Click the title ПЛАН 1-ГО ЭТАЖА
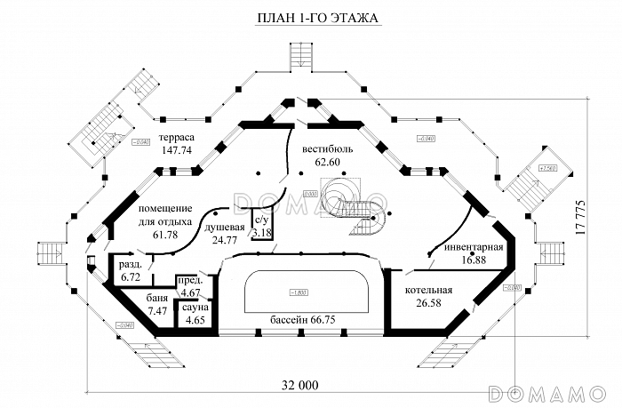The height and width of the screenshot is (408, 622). (x=311, y=19)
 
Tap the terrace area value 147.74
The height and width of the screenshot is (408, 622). (x=177, y=151)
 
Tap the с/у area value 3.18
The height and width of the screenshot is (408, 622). (x=262, y=233)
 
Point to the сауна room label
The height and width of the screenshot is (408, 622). (x=196, y=307)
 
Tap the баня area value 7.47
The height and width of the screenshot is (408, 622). (x=158, y=311)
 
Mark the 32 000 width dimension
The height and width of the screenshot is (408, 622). (x=299, y=385)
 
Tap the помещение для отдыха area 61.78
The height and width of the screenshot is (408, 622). (x=166, y=235)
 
